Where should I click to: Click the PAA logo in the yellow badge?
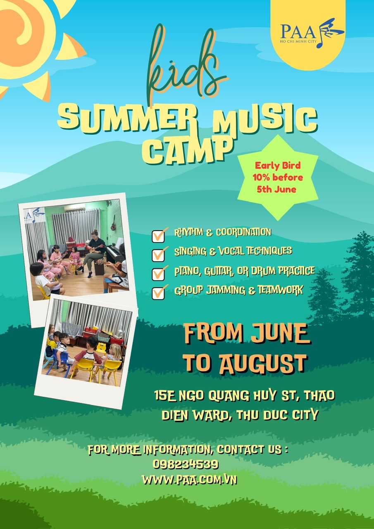pyautogui.click(x=312, y=33)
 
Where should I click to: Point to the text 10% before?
pyautogui.click(x=278, y=177)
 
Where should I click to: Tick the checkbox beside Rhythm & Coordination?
pyautogui.click(x=158, y=236)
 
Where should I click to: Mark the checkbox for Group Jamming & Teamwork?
pyautogui.click(x=158, y=293)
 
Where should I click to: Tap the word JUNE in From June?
pyautogui.click(x=280, y=333)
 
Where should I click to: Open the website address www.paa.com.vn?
pyautogui.click(x=189, y=480)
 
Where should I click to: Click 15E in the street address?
pyautogui.click(x=165, y=395)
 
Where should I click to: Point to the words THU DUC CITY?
pyautogui.click(x=278, y=415)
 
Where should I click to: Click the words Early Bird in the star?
pyautogui.click(x=278, y=165)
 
